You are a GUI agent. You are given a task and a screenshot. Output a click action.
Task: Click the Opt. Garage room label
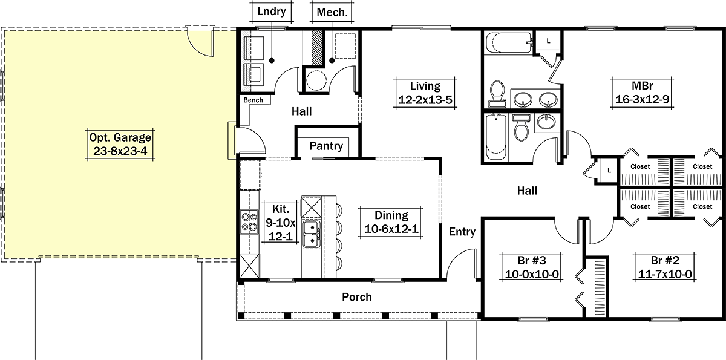click(x=120, y=144)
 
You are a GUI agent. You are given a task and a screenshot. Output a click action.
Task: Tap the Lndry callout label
click(x=272, y=11)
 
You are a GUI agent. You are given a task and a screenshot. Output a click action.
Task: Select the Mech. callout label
click(x=332, y=13)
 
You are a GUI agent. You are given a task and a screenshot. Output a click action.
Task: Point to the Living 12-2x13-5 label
click(x=425, y=93)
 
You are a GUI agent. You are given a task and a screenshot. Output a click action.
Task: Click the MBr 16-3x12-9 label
click(x=642, y=93)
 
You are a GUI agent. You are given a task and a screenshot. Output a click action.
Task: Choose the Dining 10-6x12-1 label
click(x=391, y=222)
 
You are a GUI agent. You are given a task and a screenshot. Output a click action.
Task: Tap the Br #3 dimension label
click(x=532, y=267)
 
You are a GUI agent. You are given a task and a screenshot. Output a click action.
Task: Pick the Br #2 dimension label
click(x=665, y=267)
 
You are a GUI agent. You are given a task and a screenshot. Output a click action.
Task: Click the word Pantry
click(x=326, y=146)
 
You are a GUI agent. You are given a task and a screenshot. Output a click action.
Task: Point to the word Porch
click(x=357, y=297)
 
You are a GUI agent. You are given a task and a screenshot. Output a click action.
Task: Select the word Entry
click(x=462, y=232)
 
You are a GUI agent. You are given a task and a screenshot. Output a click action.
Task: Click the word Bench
click(x=253, y=100)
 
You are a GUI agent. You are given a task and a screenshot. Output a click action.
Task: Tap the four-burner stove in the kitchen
click(x=249, y=222)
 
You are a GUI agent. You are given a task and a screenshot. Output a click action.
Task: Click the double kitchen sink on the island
click(x=312, y=234)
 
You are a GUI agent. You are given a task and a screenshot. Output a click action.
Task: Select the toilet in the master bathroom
click(x=497, y=93)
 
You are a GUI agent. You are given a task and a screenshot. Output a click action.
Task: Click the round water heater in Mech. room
click(x=316, y=80)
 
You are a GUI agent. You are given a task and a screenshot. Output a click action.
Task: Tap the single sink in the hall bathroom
click(x=546, y=122)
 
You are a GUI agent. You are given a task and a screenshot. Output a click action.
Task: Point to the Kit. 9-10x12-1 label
click(x=281, y=223)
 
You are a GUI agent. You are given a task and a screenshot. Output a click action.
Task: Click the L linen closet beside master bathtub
click(x=548, y=41)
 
